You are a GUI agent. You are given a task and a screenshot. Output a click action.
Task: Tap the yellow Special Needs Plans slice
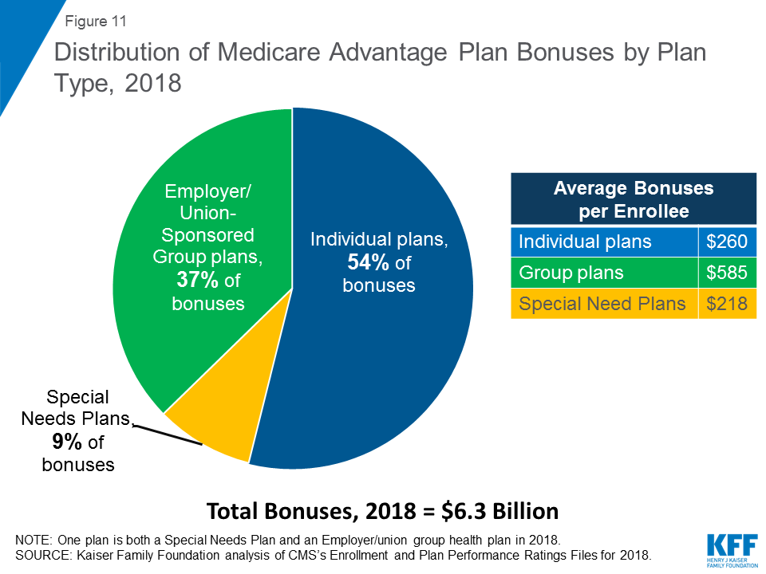click(211, 423)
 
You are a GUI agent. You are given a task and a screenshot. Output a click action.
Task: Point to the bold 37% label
click(193, 280)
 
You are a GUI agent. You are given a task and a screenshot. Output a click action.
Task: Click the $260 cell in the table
click(726, 241)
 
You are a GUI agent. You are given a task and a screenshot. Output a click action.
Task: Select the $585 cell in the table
click(726, 273)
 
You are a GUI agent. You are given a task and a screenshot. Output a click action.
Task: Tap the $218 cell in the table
click(726, 304)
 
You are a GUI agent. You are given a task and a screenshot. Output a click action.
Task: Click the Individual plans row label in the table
click(585, 241)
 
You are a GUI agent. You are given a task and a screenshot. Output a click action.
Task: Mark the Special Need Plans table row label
click(602, 304)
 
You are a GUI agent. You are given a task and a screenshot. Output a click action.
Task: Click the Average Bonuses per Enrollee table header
click(633, 200)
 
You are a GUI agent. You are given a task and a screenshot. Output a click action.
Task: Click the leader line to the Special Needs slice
click(164, 432)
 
